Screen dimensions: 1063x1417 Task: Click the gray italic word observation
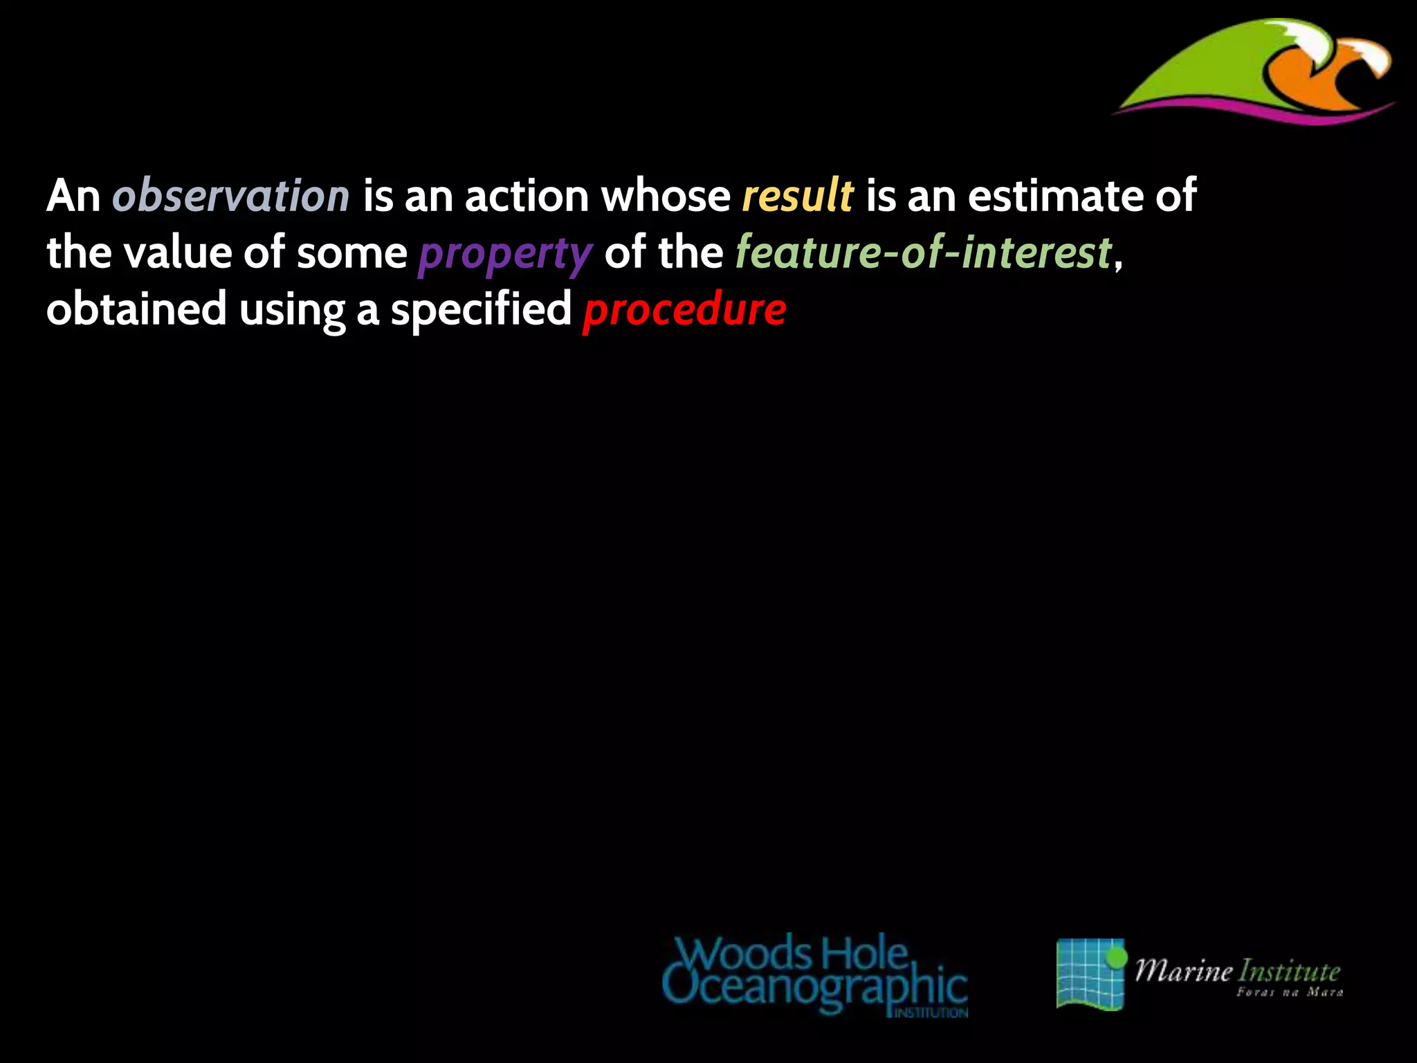[231, 196]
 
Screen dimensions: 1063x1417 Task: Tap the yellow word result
[798, 196]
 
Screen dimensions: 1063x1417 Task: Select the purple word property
[505, 253]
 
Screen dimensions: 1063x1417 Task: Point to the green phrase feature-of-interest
[923, 253]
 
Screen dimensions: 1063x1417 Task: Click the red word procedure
[684, 309]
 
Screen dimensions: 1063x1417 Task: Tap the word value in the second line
[177, 253]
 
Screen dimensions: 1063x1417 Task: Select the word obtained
[136, 309]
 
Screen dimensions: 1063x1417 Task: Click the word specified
[481, 309]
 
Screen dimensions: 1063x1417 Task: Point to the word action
[527, 196]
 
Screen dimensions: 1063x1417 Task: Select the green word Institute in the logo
[1289, 971]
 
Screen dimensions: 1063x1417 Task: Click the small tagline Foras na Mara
[1290, 992]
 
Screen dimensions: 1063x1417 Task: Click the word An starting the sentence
[73, 196]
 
